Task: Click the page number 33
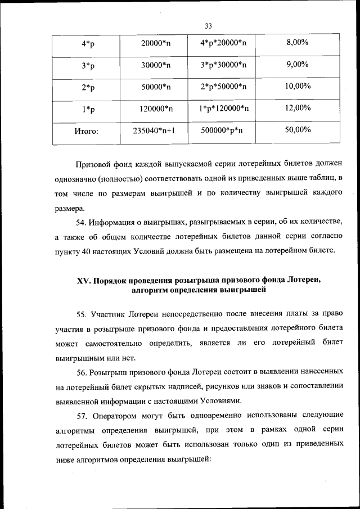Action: (208, 26)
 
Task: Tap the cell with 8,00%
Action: (298, 43)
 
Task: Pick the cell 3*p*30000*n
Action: (223, 65)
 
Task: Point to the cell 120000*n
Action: (156, 109)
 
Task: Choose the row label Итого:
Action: (87, 132)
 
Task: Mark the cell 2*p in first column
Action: (87, 87)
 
